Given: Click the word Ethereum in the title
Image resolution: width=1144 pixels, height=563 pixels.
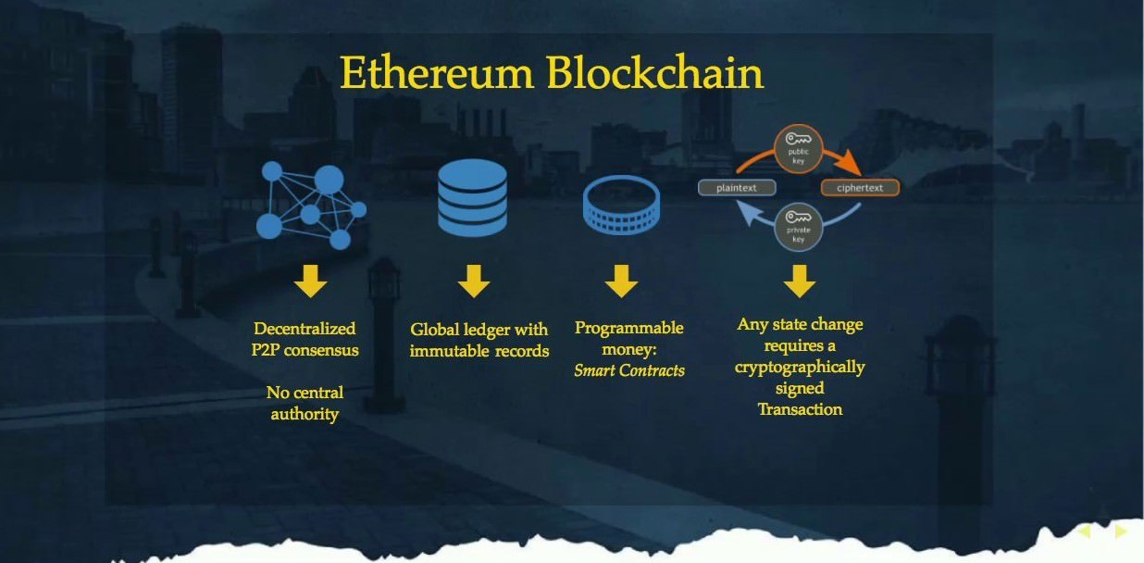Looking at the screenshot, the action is click(x=437, y=72).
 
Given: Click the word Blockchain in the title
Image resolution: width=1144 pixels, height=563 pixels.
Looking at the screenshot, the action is click(x=655, y=72).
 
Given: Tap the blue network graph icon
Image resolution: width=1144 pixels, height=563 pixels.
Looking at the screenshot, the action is click(x=311, y=206).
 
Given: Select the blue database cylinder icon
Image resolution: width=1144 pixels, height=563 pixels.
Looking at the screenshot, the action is click(x=472, y=198).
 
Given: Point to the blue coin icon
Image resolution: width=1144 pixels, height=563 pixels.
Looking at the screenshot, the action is click(x=621, y=205).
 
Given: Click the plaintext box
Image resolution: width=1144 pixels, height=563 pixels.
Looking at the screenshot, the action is click(x=737, y=187).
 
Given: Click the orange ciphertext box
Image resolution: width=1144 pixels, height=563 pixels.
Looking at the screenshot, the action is click(x=860, y=187).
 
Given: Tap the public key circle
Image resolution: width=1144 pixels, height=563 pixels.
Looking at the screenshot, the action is click(x=798, y=149).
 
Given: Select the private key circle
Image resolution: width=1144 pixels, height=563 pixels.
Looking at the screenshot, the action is click(x=798, y=228).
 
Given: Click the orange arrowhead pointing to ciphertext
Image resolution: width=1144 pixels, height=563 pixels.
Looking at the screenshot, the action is click(x=851, y=162).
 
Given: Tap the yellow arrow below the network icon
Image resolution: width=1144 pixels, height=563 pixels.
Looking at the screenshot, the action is click(x=310, y=281).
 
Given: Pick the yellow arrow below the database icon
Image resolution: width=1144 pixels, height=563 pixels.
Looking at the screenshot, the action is click(x=474, y=281).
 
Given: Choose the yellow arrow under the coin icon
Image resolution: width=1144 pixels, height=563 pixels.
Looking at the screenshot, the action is click(x=621, y=281).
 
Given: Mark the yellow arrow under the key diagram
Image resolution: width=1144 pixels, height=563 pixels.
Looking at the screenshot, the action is click(x=800, y=281).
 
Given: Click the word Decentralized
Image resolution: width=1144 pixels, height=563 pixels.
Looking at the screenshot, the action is click(x=305, y=329).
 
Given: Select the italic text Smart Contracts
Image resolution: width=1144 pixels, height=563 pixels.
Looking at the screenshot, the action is click(x=629, y=369).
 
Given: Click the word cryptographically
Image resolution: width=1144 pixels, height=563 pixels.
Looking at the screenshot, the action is click(x=800, y=368).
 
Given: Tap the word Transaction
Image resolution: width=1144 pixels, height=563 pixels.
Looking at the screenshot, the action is click(x=800, y=409).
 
